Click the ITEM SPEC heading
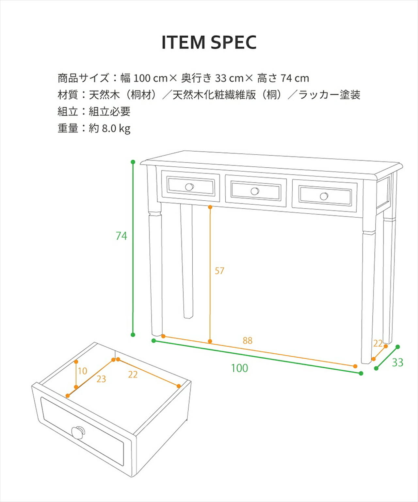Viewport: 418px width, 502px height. click(209, 42)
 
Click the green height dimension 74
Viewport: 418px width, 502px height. click(121, 236)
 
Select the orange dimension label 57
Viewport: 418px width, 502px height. click(219, 271)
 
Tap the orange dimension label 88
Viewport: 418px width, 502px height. click(248, 341)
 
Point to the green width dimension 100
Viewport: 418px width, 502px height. click(239, 368)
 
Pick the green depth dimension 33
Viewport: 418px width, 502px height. click(397, 362)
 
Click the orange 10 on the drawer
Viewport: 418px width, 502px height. click(82, 371)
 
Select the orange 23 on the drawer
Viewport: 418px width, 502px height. click(101, 379)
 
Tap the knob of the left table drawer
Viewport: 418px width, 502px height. click(189, 187)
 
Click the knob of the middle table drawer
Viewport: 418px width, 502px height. click(255, 191)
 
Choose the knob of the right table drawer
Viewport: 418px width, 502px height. click(324, 196)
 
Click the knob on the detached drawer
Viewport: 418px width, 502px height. click(78, 432)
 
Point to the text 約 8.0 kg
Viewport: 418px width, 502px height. click(110, 128)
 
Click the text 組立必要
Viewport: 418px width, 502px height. click(110, 111)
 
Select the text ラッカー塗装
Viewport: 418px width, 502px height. click(329, 95)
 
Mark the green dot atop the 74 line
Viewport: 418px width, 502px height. click(133, 162)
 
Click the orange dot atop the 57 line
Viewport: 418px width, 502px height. click(210, 207)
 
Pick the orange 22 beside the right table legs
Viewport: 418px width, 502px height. click(378, 343)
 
